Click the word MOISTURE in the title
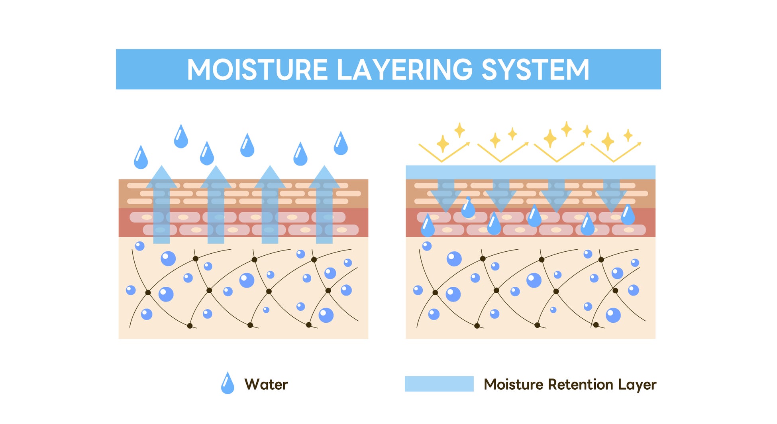click(x=257, y=70)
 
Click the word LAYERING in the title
click(x=405, y=70)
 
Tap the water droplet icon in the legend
click(x=228, y=383)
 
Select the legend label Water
click(x=266, y=385)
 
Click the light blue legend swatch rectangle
click(x=439, y=384)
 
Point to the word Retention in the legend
click(x=581, y=385)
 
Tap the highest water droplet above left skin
click(x=181, y=136)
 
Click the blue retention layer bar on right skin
click(x=530, y=172)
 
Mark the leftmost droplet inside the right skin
click(x=428, y=225)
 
